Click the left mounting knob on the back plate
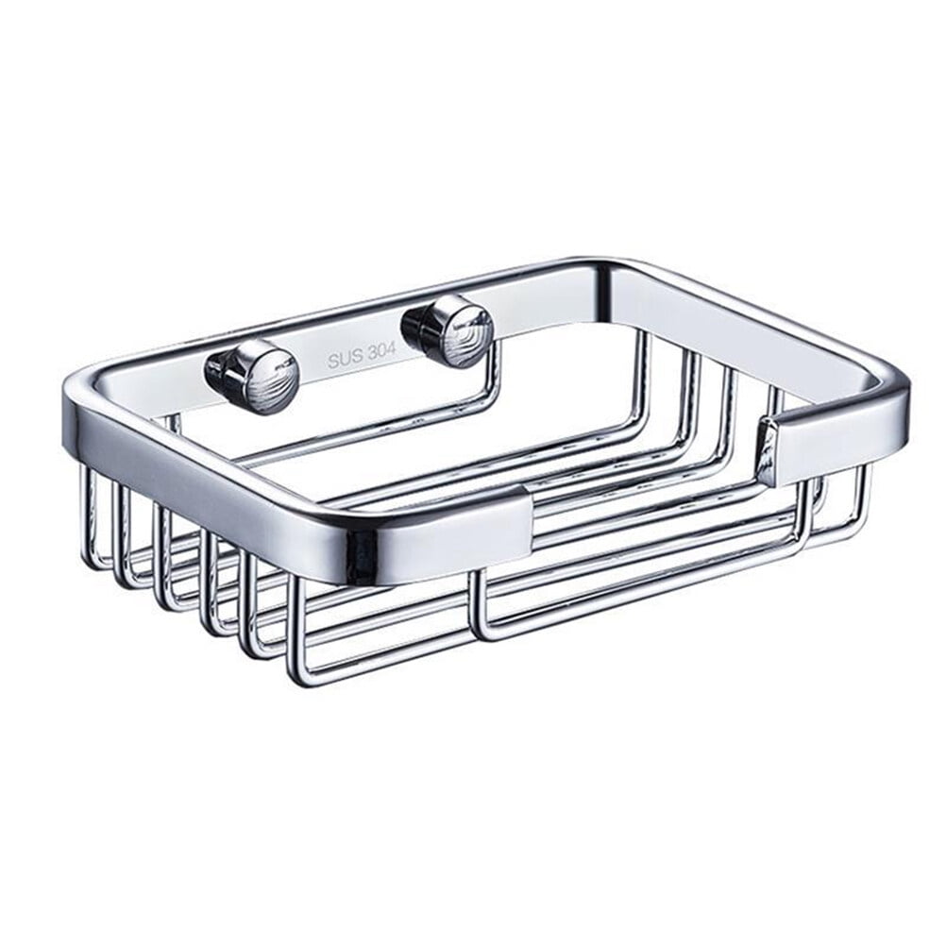264,376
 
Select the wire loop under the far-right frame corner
854,510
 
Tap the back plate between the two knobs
359,340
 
